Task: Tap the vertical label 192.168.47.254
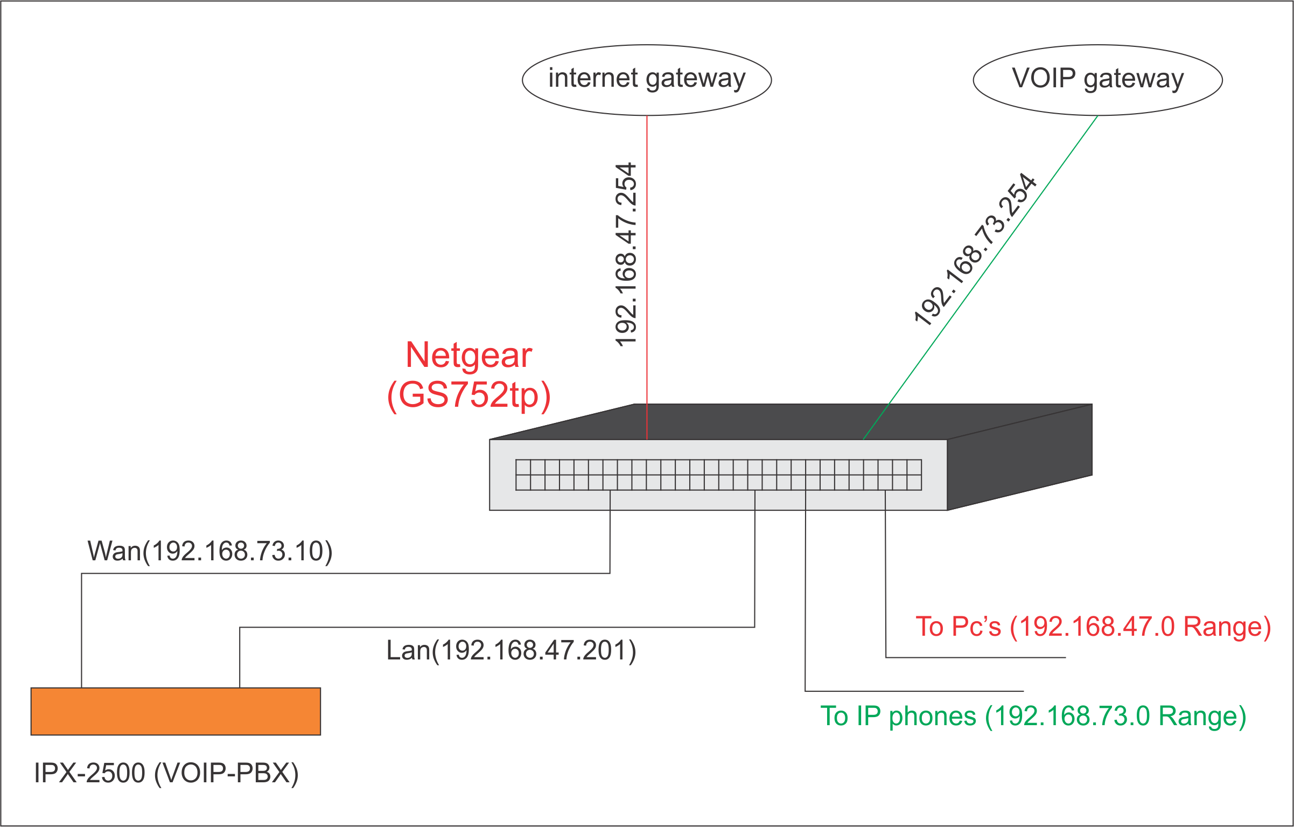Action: point(626,254)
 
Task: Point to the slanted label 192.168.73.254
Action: point(975,249)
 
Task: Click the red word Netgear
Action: point(468,356)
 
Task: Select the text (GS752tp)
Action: point(468,395)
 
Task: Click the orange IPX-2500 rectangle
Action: point(176,711)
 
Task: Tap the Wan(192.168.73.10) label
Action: point(210,551)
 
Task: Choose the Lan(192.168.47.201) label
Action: point(511,650)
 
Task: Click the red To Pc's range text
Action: point(1093,627)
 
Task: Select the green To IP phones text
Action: point(1033,717)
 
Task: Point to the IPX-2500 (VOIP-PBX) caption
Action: point(166,773)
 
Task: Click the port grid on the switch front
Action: point(718,475)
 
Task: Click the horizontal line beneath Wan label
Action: point(345,573)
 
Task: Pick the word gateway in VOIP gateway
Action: point(1134,80)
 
